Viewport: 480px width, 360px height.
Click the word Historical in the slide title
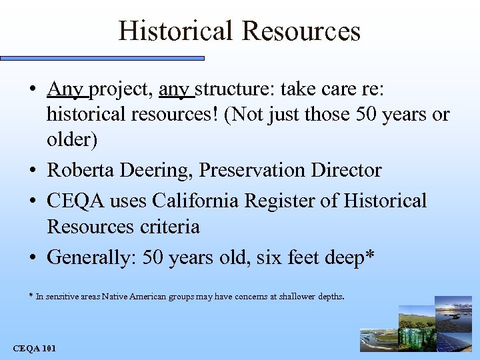(x=176, y=31)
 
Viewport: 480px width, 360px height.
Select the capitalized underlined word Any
(x=65, y=89)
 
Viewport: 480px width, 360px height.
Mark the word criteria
(x=170, y=227)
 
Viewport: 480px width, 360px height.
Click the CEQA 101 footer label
(x=35, y=349)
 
